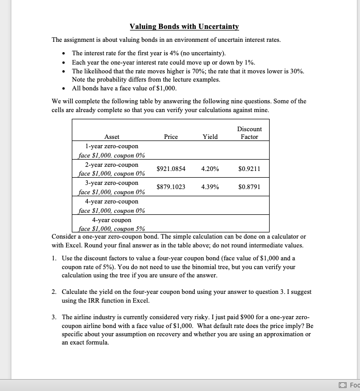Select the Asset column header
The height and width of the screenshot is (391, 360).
(x=112, y=137)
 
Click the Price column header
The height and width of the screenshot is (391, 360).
(x=170, y=137)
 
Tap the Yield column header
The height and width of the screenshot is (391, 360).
(x=210, y=137)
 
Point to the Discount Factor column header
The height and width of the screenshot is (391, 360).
(x=249, y=133)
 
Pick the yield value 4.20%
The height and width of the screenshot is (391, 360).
(x=210, y=169)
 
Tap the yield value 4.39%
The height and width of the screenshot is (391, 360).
(x=210, y=187)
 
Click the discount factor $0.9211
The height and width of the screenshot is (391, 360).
(x=249, y=169)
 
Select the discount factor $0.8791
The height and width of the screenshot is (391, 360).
(x=249, y=187)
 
